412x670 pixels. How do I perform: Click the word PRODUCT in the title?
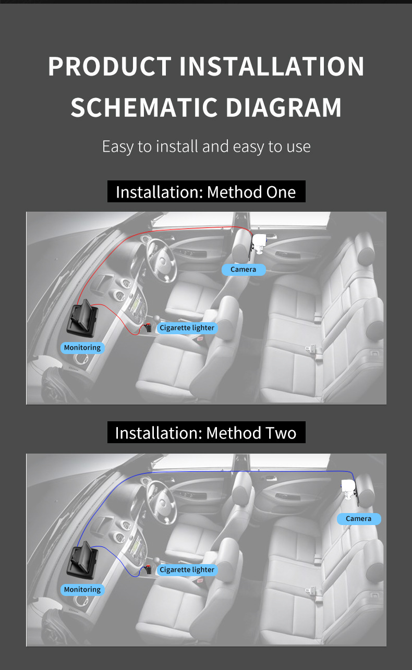coord(110,66)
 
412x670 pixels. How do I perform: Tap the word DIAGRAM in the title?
coord(283,107)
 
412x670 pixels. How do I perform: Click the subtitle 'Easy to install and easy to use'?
coord(206,147)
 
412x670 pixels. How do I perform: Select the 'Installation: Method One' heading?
coord(206,191)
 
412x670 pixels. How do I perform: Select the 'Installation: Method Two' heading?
coord(206,433)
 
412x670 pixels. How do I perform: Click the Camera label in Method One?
coord(244,270)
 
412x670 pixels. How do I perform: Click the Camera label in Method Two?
coord(359,519)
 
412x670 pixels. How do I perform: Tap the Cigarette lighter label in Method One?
coord(187,328)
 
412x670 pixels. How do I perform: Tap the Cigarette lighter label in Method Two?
coord(187,570)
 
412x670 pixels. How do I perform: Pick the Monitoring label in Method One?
coord(82,348)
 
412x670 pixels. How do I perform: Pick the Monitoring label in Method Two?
coord(82,590)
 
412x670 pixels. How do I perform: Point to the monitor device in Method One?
coord(82,318)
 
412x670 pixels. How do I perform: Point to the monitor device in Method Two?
coord(82,559)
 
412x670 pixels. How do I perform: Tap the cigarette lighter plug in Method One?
coord(148,328)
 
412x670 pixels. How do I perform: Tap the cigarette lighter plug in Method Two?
coord(148,569)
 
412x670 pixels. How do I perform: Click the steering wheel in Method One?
coord(161,261)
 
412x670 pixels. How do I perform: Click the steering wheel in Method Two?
coord(161,503)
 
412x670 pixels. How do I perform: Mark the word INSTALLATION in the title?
coord(272,66)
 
